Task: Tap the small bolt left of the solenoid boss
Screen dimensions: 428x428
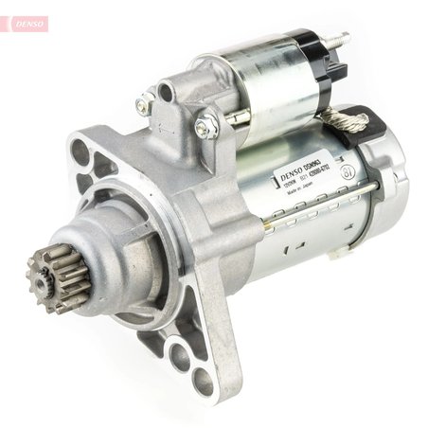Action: coord(144,105)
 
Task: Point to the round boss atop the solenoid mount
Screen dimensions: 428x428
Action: coord(168,92)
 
